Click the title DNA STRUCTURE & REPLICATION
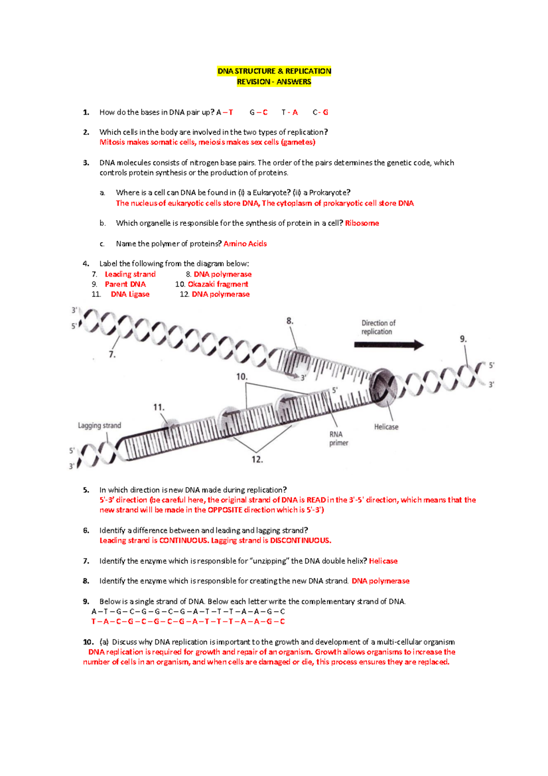coord(274,71)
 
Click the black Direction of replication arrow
coord(389,345)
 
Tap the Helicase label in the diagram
coord(386,427)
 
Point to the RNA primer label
coord(338,438)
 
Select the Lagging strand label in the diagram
coord(99,425)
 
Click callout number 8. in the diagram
coord(290,321)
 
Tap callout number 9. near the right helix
coord(463,339)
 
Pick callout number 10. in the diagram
coord(242,377)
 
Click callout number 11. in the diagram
coord(158,407)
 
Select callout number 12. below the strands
coord(257,460)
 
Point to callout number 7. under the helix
coord(112,355)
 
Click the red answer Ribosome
coord(362,223)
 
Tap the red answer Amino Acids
coord(245,244)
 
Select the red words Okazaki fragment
coord(218,284)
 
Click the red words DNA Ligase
coord(130,294)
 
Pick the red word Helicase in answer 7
coord(383,561)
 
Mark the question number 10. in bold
coord(88,642)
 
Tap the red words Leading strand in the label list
coord(130,274)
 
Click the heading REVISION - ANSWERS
coord(274,82)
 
